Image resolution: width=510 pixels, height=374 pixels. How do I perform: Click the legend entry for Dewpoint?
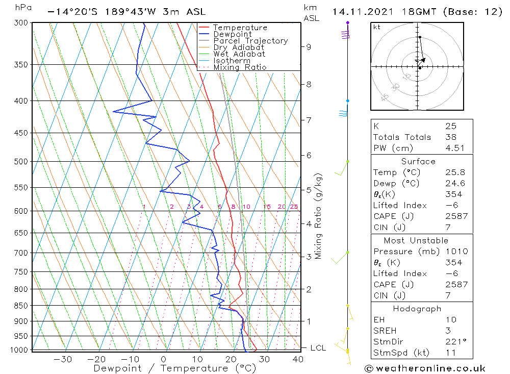click(x=232, y=34)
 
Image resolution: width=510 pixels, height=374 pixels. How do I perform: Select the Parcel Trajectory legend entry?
click(x=250, y=41)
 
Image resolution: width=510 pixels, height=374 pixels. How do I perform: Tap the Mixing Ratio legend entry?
click(x=240, y=67)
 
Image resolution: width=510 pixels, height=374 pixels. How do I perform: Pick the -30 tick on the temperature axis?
click(x=63, y=359)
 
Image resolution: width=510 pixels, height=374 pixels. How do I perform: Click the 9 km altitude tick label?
click(x=309, y=47)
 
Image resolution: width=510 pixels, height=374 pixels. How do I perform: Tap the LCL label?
click(x=318, y=348)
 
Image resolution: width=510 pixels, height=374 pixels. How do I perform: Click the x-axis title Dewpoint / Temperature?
click(x=167, y=368)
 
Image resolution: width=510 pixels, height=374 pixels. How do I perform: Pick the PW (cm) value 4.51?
click(x=454, y=148)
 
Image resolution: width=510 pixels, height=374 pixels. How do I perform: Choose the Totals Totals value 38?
click(x=450, y=137)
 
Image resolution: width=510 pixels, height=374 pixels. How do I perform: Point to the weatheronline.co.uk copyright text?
click(x=425, y=368)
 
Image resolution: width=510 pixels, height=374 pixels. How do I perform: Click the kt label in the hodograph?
click(x=376, y=27)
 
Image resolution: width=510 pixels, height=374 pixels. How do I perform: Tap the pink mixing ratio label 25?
click(x=294, y=207)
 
